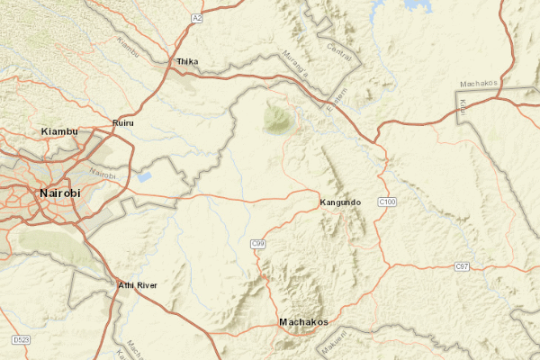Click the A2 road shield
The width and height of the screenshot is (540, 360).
point(196,18)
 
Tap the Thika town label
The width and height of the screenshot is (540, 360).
point(187,61)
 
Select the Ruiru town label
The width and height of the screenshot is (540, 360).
point(122,122)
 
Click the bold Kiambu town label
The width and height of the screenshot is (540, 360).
point(60,132)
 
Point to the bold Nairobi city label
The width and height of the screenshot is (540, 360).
point(60,193)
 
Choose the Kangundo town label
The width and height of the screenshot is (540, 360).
point(340,202)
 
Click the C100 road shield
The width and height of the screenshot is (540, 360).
point(388,202)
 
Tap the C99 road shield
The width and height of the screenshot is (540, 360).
point(257,244)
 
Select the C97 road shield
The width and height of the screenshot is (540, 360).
point(462,267)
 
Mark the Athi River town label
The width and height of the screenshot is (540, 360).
point(138,285)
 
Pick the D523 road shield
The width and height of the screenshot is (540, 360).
point(21,340)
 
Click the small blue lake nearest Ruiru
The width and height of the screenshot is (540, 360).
point(143,176)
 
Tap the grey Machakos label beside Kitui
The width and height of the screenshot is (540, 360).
point(478,84)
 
